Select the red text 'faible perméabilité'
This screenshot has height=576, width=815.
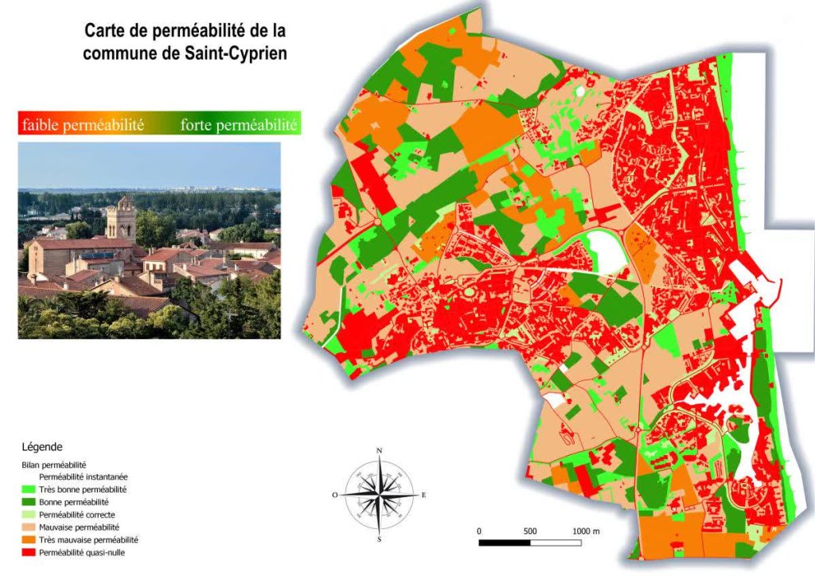(82, 125)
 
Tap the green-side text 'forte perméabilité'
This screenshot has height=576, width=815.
(238, 125)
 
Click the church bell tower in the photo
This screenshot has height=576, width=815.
(121, 218)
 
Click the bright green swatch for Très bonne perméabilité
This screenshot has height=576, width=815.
(29, 489)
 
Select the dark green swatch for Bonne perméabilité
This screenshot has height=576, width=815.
(29, 502)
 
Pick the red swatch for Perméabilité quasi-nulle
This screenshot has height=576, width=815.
(29, 552)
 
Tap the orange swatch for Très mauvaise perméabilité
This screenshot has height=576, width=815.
(29, 539)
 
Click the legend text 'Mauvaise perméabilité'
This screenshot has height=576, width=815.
(79, 527)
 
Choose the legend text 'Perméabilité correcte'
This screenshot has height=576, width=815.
(76, 515)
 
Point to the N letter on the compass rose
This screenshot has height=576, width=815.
(380, 451)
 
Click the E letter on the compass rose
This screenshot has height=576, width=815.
(423, 495)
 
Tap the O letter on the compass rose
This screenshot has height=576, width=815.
(335, 495)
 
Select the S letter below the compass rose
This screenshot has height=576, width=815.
(380, 539)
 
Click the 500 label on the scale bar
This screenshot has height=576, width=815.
(531, 531)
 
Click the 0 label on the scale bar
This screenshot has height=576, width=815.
(479, 531)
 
